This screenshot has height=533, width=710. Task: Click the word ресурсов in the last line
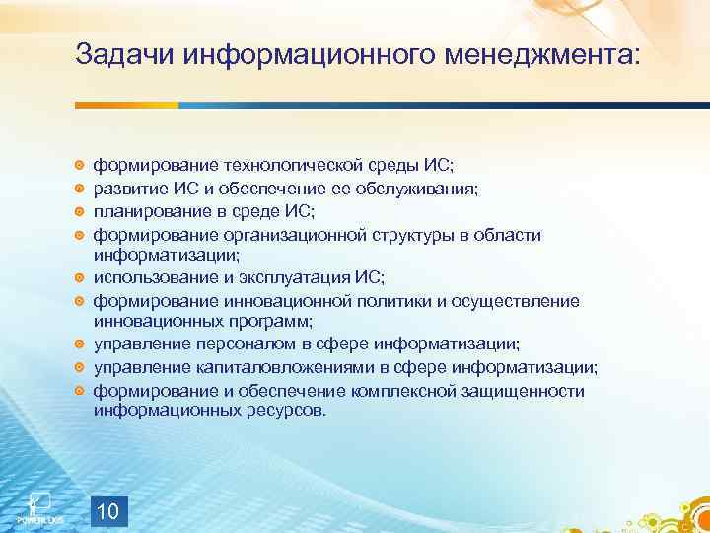(x=287, y=409)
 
